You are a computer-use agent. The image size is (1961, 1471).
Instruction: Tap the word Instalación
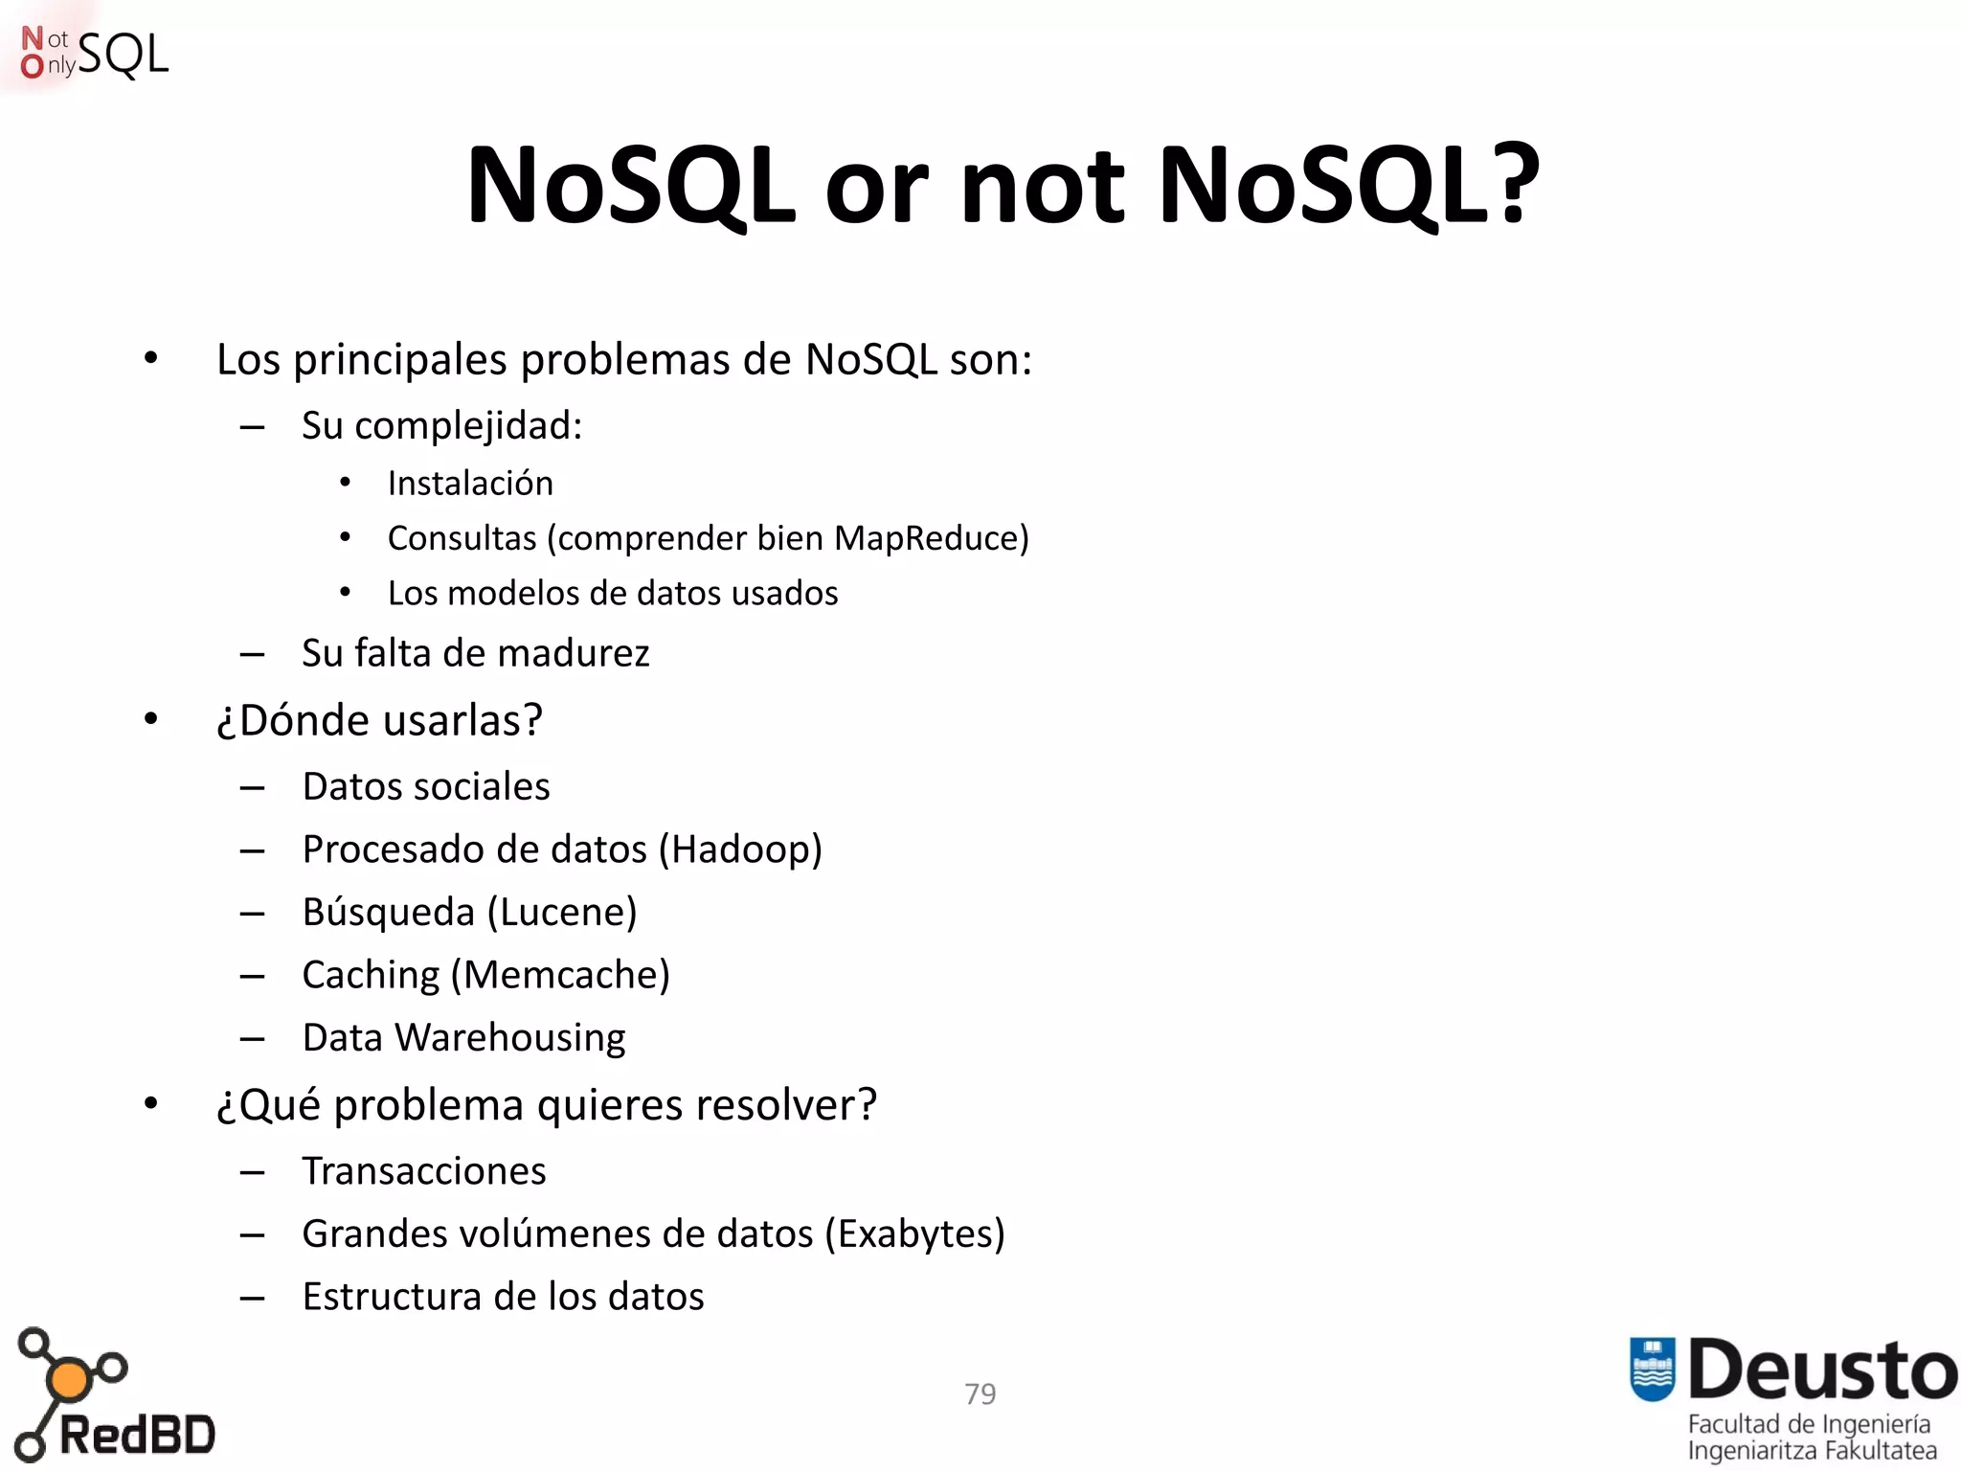pyautogui.click(x=470, y=484)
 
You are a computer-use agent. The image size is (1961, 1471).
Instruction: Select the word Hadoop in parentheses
pyautogui.click(x=740, y=849)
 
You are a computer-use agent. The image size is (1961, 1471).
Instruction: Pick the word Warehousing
pyautogui.click(x=509, y=1038)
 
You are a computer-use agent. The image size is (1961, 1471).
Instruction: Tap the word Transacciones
pyautogui.click(x=424, y=1171)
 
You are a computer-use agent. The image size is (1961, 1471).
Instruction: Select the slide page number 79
pyautogui.click(x=980, y=1393)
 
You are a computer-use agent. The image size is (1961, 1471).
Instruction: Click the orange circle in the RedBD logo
pyautogui.click(x=69, y=1380)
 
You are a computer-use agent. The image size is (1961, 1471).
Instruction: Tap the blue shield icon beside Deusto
pyautogui.click(x=1652, y=1369)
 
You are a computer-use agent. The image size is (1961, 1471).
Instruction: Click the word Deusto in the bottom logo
pyautogui.click(x=1822, y=1370)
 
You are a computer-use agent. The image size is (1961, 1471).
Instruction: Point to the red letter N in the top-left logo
pyautogui.click(x=33, y=38)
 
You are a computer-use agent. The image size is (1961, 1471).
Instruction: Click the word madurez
pyautogui.click(x=574, y=653)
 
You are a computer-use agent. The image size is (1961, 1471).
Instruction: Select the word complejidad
pyautogui.click(x=467, y=426)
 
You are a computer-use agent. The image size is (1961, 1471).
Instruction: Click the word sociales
pyautogui.click(x=488, y=786)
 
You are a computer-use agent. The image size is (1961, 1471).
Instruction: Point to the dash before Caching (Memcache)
pyautogui.click(x=252, y=976)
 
